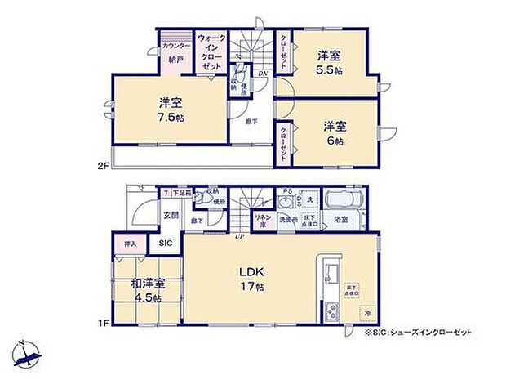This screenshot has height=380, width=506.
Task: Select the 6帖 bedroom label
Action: [x=335, y=133]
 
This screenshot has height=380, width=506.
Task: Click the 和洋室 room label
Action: [x=149, y=284]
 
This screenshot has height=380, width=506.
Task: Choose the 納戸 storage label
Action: [x=175, y=60]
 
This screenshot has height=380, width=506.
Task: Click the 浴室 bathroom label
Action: [x=341, y=220]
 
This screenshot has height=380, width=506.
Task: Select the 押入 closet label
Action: [x=131, y=243]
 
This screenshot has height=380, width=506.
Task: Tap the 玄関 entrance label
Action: [x=170, y=215]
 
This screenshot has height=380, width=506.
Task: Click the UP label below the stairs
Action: [x=240, y=237]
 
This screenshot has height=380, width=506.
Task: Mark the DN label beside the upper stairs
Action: [x=263, y=74]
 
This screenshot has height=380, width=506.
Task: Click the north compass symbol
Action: [x=25, y=353]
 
